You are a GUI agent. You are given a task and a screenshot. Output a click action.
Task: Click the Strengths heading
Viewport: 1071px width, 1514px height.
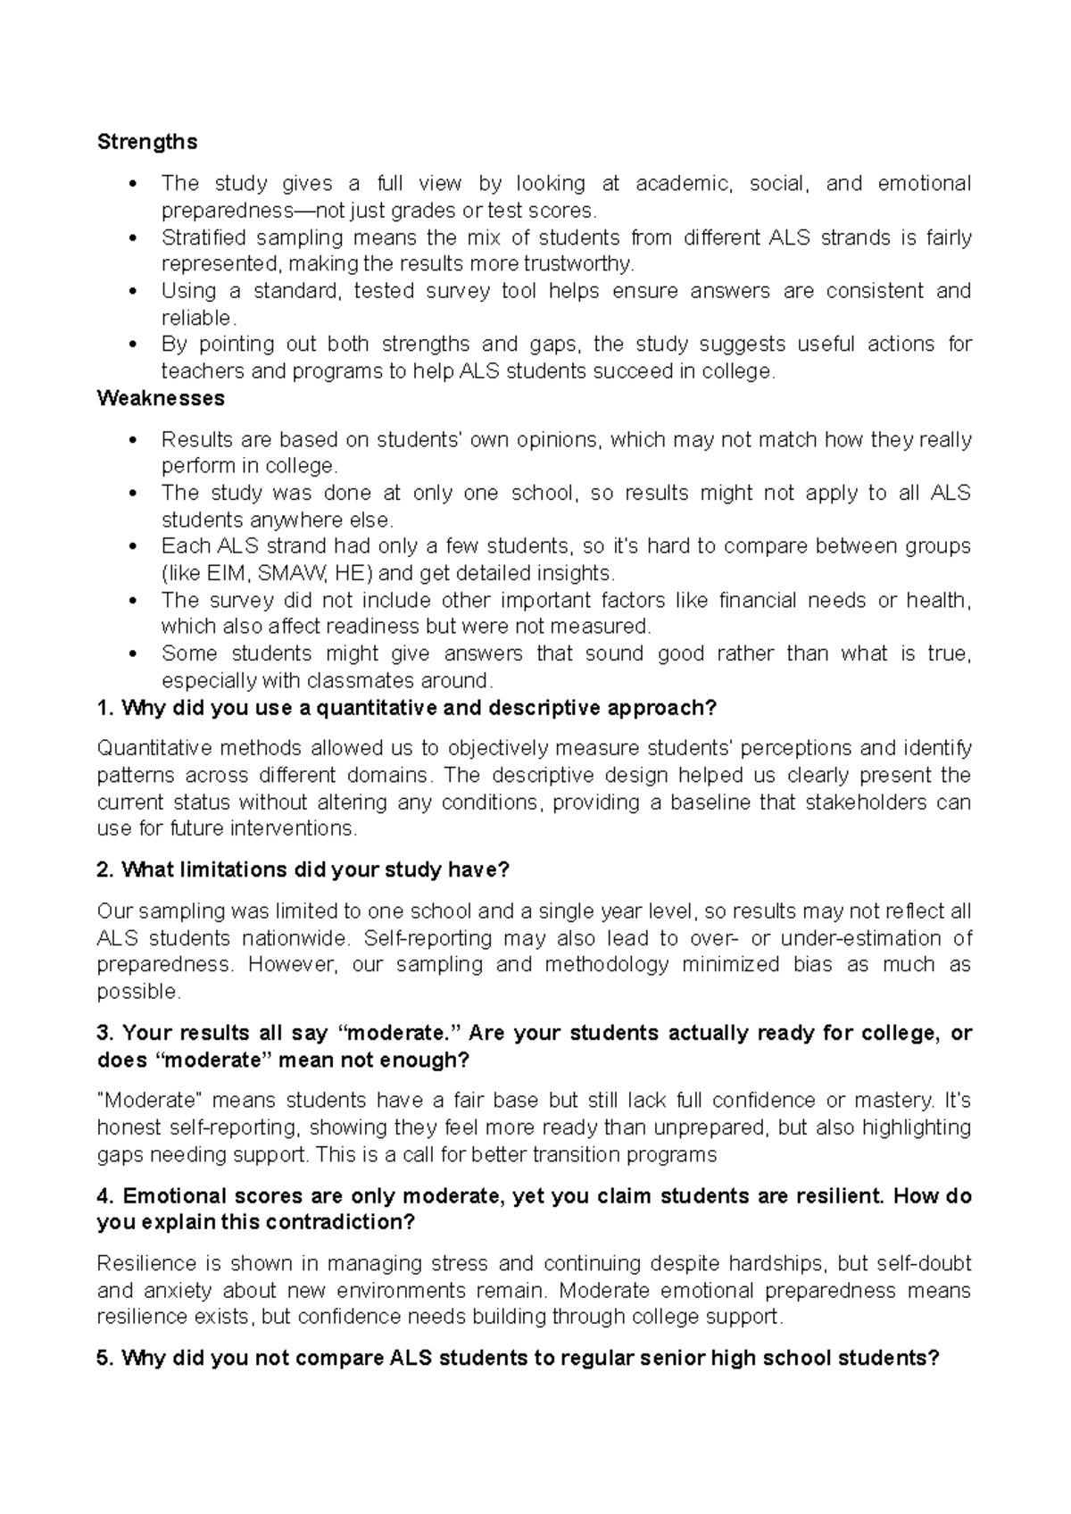pyautogui.click(x=147, y=142)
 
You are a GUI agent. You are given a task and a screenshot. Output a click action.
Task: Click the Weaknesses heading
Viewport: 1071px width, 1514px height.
pyautogui.click(x=161, y=398)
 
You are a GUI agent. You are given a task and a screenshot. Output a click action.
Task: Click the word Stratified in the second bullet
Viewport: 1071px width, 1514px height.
pyautogui.click(x=200, y=237)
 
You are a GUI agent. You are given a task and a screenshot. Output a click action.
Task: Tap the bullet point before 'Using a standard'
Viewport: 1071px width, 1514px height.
pyautogui.click(x=133, y=291)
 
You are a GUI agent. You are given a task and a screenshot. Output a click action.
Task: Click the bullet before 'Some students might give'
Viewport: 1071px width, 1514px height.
pyautogui.click(x=133, y=654)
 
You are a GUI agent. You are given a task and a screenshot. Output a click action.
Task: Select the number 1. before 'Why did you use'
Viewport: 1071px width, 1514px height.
pyautogui.click(x=104, y=708)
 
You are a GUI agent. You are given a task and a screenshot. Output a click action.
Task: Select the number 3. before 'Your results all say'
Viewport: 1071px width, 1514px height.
pyautogui.click(x=104, y=1033)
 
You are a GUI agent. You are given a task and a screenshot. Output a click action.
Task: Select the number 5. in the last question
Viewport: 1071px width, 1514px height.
pyautogui.click(x=104, y=1358)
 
